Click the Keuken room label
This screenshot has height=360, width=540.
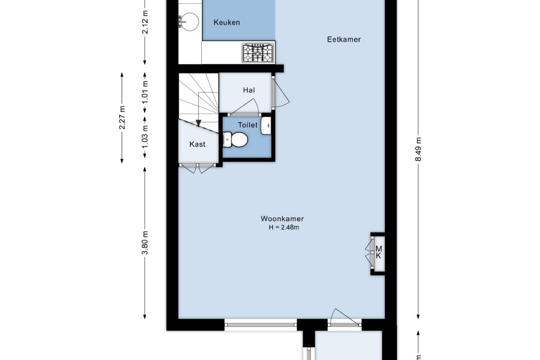click(227, 22)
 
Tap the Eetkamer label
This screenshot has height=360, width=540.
click(344, 39)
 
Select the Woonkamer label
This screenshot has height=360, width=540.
click(282, 219)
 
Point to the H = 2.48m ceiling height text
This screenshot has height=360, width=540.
click(284, 227)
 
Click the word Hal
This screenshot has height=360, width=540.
click(249, 90)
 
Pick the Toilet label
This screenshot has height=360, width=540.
click(247, 125)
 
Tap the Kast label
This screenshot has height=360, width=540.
click(197, 144)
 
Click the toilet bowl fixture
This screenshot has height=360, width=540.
click(235, 139)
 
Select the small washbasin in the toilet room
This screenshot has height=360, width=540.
click(266, 126)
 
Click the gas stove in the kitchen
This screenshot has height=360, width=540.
click(258, 53)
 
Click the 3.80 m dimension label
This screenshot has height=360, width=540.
click(144, 243)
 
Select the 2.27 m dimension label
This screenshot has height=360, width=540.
click(122, 117)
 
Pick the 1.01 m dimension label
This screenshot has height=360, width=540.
click(144, 92)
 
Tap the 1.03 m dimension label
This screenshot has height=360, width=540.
click(144, 137)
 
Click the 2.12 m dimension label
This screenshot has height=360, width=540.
click(145, 22)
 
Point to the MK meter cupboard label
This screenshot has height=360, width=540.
click(379, 252)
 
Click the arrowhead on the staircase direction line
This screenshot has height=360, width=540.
click(198, 123)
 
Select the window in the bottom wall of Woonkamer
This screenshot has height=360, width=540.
click(261, 324)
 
